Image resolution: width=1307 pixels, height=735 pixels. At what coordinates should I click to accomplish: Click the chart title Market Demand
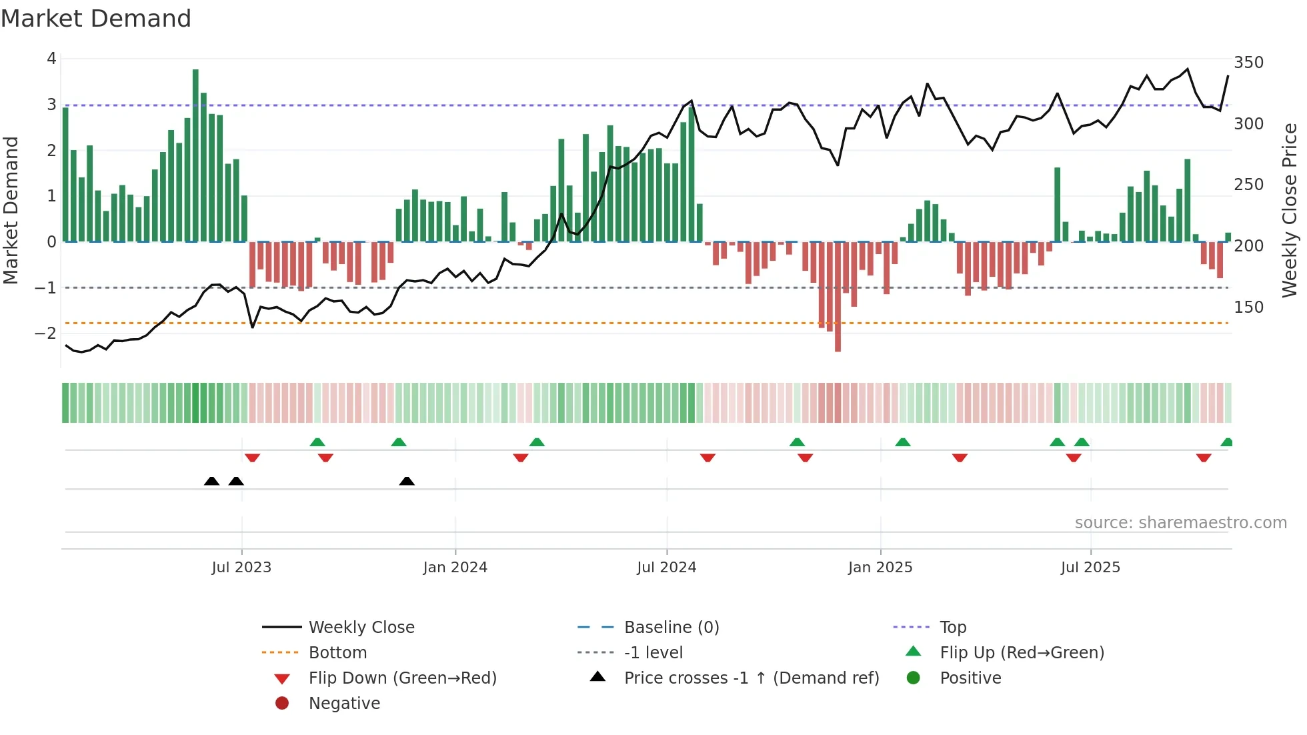point(96,18)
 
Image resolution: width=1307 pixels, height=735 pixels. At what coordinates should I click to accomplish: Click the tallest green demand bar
point(195,155)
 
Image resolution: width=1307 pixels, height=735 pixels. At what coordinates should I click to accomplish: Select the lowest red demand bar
point(838,297)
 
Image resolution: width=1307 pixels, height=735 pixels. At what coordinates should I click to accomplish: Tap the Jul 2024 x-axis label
point(666,567)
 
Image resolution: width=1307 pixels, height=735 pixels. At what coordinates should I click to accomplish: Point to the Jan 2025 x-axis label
point(880,567)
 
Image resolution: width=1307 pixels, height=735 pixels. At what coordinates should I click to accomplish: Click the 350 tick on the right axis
point(1248,62)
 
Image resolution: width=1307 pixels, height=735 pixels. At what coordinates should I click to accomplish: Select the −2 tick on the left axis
point(46,333)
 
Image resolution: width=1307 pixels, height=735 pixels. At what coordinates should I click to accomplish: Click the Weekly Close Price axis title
point(1290,210)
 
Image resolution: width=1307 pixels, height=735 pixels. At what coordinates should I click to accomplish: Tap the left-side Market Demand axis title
point(11,210)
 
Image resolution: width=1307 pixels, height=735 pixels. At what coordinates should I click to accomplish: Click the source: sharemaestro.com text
point(1180,522)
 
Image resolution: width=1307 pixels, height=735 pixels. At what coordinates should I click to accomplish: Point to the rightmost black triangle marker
point(407,481)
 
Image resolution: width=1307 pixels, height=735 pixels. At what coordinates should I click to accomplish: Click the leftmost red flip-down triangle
point(252,458)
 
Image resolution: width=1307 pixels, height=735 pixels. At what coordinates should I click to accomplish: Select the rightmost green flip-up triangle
point(1226,442)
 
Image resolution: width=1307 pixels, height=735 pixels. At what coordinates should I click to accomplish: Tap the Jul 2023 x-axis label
point(241,567)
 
